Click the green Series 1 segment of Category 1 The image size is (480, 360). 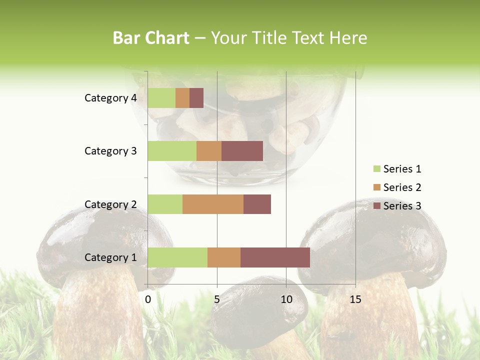coord(177,257)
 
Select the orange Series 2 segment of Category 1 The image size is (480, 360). coord(224,257)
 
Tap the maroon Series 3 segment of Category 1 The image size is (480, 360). coord(275,257)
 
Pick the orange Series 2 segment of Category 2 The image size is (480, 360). coord(213,204)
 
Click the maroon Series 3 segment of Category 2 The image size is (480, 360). coord(257,204)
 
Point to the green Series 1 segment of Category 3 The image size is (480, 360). coord(172,151)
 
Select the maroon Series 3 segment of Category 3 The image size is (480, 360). coord(242,151)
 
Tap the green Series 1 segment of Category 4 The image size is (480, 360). coord(161,98)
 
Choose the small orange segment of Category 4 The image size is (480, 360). coord(182,98)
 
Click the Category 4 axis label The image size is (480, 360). coord(110,98)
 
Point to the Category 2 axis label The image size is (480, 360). coord(110,204)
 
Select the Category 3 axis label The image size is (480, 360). coord(110,151)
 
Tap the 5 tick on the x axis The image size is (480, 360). coord(217,299)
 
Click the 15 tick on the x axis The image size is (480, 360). coord(355,299)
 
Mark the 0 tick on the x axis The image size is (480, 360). coord(148,299)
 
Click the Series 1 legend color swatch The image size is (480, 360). coord(376,169)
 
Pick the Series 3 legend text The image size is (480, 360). coord(402,206)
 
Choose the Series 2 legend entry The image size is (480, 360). coord(397,187)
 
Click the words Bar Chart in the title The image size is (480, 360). coord(151,38)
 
